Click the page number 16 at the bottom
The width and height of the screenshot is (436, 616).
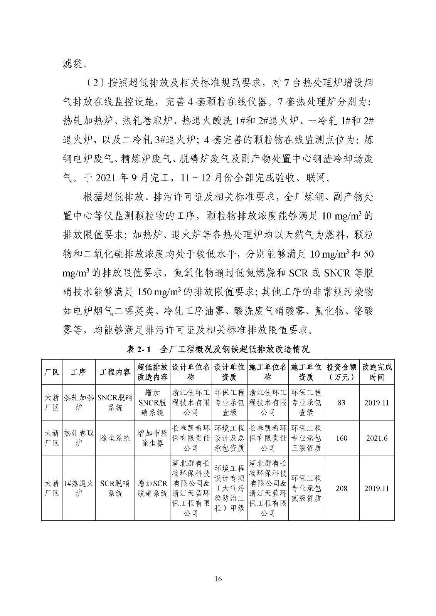[218, 578]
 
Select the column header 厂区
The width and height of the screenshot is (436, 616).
[52, 372]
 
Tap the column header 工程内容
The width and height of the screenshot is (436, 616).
[115, 372]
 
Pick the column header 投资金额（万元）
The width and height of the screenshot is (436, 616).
[342, 372]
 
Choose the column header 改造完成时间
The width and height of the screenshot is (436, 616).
[377, 372]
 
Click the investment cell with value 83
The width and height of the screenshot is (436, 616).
[342, 403]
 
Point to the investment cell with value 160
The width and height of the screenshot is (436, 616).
[342, 438]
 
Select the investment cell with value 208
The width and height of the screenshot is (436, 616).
[342, 489]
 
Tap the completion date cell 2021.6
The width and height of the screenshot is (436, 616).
[377, 438]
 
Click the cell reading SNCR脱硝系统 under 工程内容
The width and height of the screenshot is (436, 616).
[115, 403]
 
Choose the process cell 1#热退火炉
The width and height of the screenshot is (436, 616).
[79, 489]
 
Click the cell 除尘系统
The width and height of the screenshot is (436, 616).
[115, 438]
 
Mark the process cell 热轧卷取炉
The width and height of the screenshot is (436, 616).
[79, 438]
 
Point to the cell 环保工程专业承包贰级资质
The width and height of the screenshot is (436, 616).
[306, 489]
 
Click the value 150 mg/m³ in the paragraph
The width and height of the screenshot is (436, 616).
[160, 292]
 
